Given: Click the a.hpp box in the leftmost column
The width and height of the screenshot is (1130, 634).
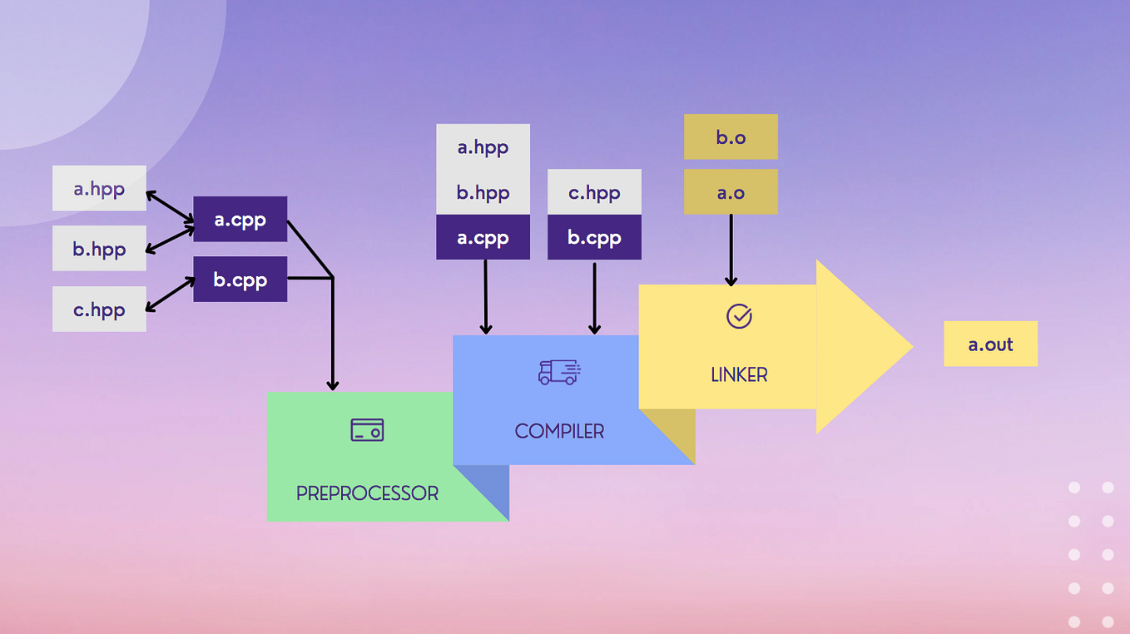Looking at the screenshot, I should pos(99,188).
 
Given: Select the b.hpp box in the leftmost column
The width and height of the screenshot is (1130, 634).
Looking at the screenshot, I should pos(99,248).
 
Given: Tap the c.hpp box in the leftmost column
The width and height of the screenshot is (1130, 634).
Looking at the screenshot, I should pos(99,310).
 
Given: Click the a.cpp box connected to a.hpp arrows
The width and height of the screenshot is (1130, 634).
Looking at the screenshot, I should pos(240,220).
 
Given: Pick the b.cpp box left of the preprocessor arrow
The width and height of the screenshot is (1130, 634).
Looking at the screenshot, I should pos(240,280).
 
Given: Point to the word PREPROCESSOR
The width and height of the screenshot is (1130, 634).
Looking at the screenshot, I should pos(367,493).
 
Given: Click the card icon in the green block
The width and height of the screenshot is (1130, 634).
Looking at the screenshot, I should pos(367,429).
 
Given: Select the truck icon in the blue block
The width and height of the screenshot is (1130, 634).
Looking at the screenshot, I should pos(559,372).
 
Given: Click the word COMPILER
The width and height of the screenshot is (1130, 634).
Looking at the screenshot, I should pos(559,431).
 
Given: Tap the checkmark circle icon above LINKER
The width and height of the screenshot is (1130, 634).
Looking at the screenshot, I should pos(739,316).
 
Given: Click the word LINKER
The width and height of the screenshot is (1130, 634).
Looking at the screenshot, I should pos(739,375).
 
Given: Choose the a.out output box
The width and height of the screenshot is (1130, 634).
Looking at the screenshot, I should pos(990,344).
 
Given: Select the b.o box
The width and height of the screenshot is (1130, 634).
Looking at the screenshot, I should pos(731,137).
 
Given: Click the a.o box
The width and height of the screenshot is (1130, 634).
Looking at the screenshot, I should pos(731,192).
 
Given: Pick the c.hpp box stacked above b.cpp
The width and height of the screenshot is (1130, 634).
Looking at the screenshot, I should pos(594,192).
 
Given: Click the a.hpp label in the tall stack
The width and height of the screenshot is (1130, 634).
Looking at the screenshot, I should pos(483,147).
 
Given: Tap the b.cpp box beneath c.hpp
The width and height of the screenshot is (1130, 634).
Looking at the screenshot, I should pos(594,238).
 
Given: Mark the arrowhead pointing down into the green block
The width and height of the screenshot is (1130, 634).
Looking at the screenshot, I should pos(333,384).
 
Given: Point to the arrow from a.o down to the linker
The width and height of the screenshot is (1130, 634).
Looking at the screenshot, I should pos(731,250).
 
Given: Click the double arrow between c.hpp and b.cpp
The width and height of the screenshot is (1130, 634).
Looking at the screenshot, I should pos(170,295).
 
